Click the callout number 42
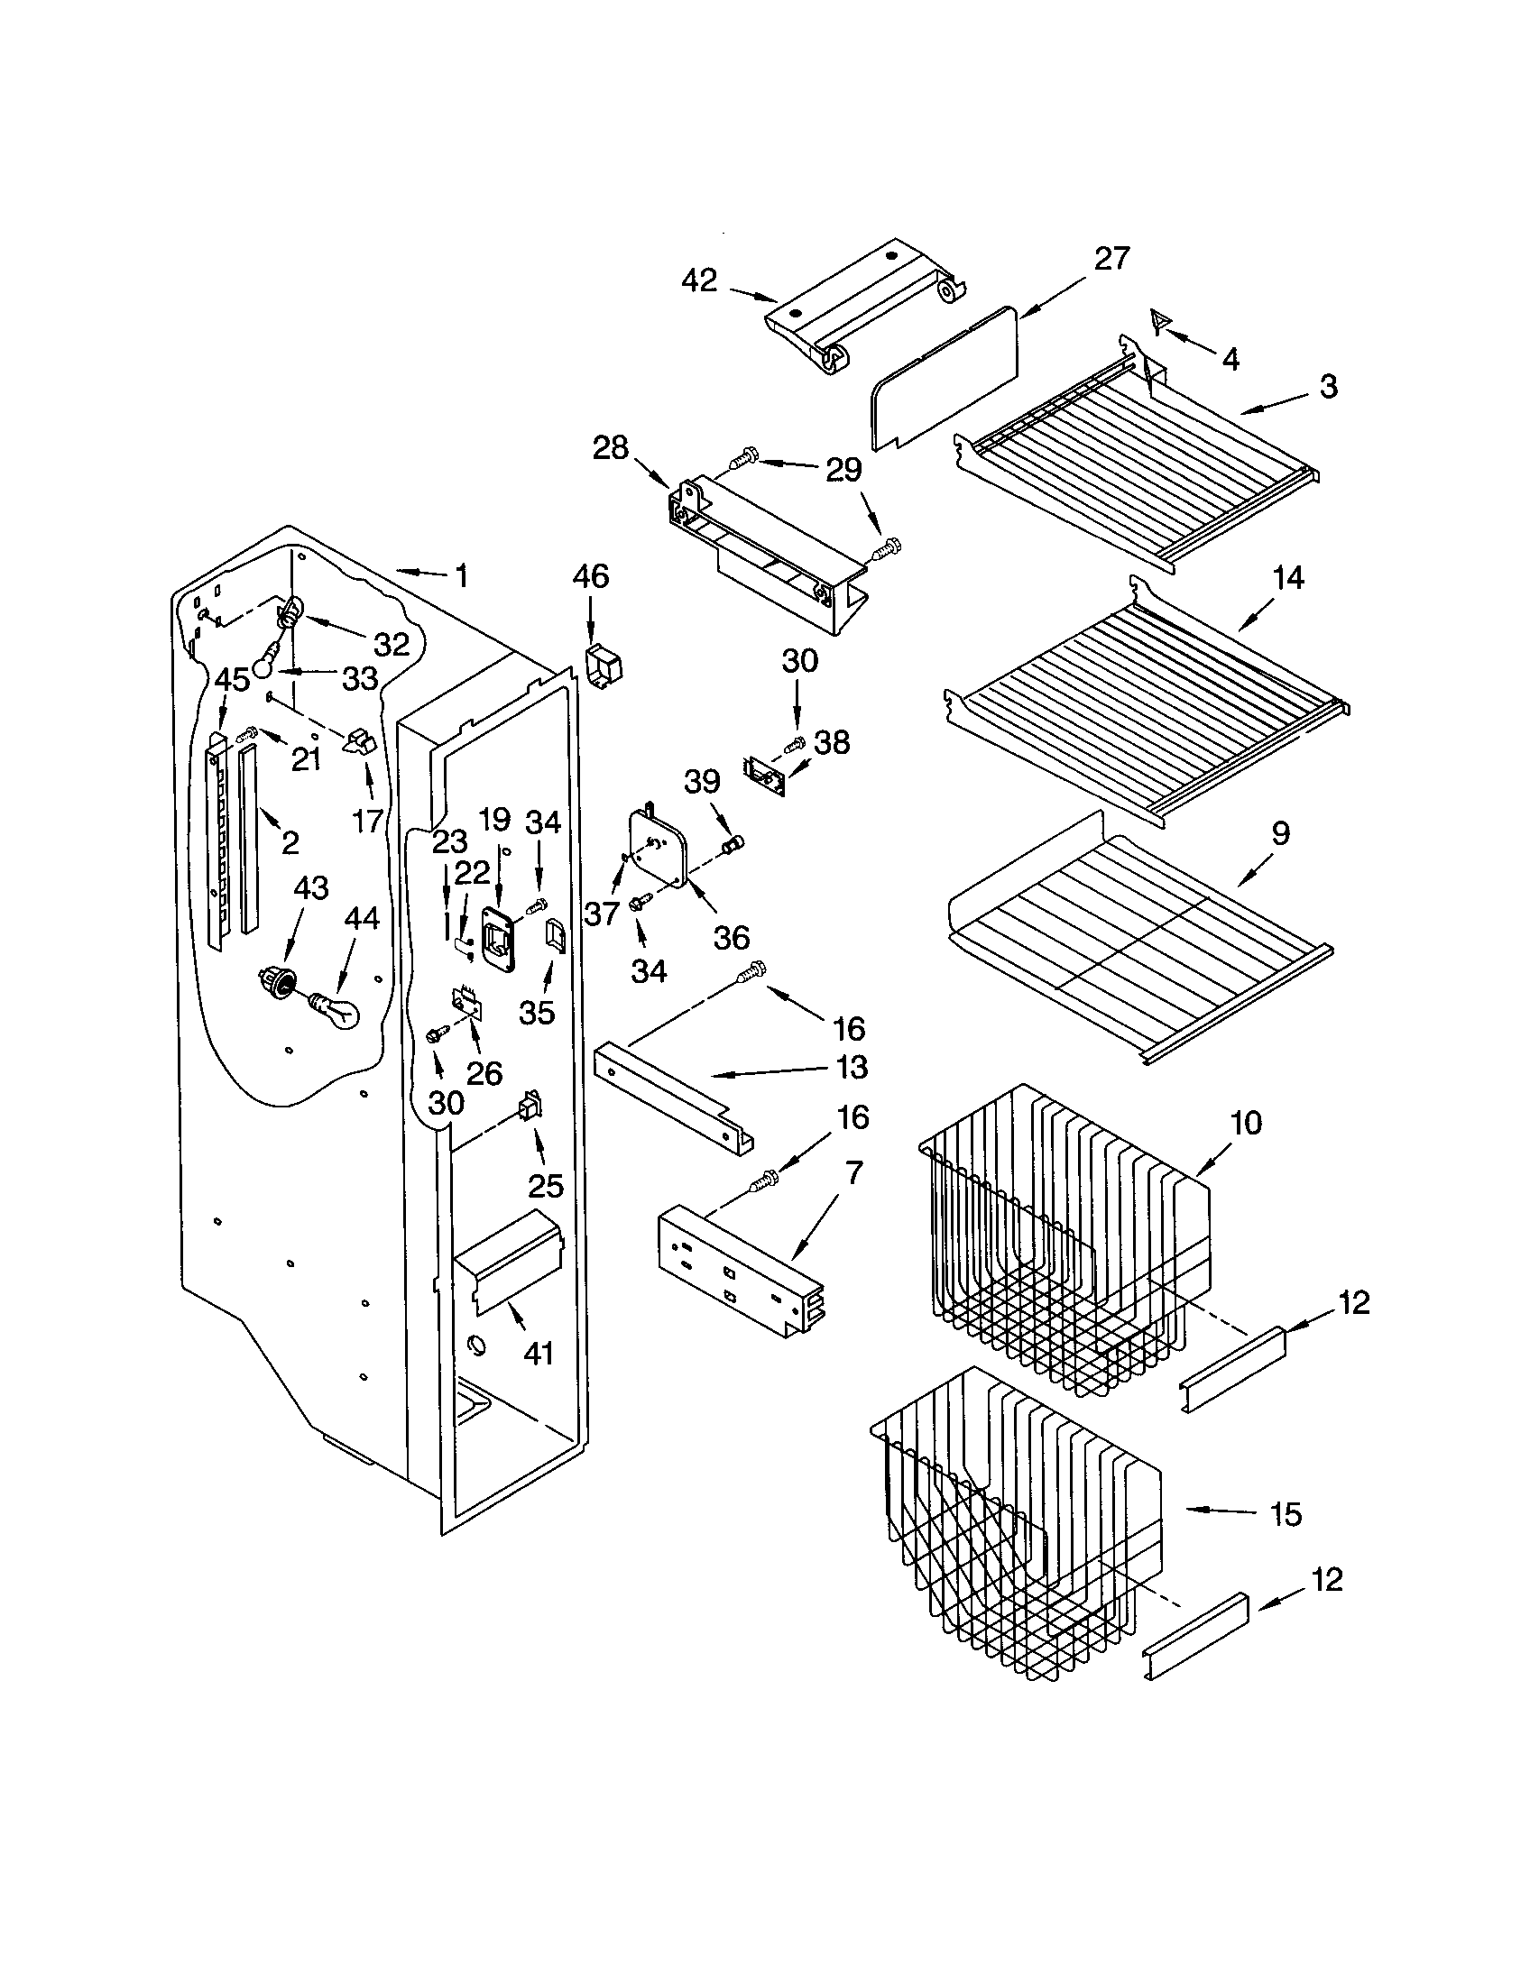(698, 280)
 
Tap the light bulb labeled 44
(337, 1008)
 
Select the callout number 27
(1111, 259)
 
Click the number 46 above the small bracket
(591, 576)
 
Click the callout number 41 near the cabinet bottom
(539, 1354)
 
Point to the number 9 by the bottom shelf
(1280, 833)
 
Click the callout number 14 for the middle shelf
(1289, 578)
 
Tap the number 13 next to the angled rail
(852, 1067)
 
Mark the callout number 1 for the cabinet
(461, 575)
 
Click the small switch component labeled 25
(530, 1107)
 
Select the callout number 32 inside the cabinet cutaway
(392, 644)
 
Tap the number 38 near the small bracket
(832, 742)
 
